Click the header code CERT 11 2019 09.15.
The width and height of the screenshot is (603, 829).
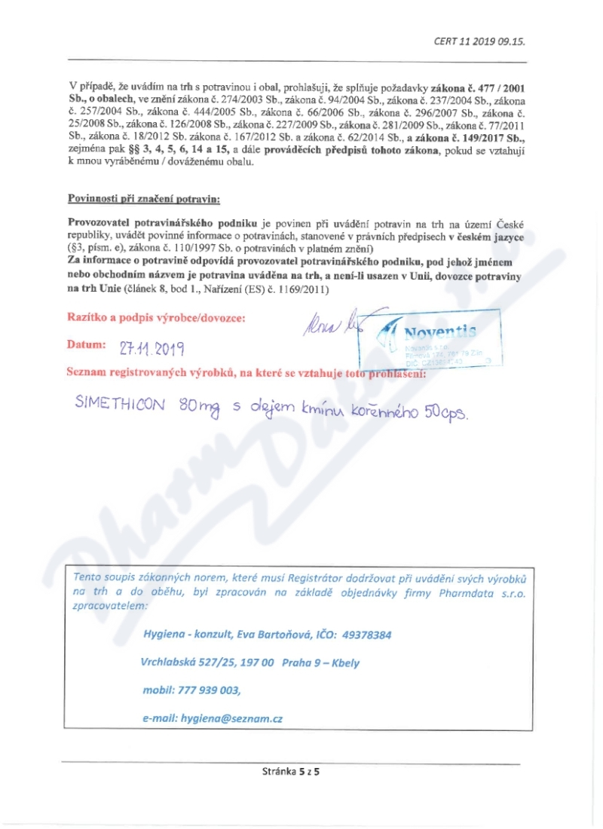pyautogui.click(x=479, y=42)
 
